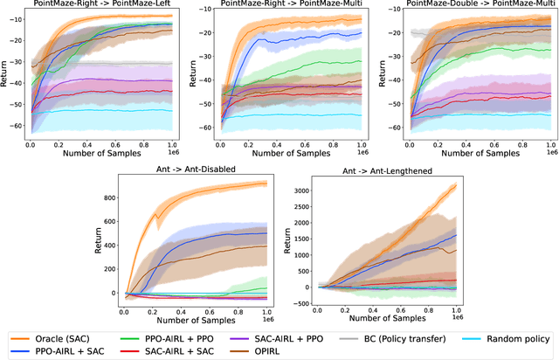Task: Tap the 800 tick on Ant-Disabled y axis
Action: pos(111,198)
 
